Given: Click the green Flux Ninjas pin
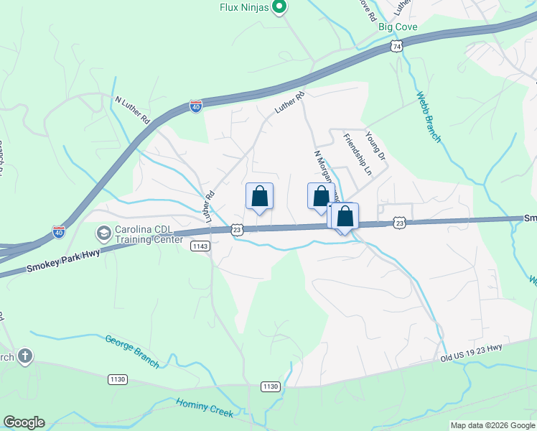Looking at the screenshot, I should (281, 8).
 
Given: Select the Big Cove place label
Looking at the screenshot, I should (398, 27).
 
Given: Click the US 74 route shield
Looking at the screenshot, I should (396, 46).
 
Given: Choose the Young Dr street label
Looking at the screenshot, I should (375, 144).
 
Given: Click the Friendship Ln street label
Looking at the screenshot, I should (358, 154).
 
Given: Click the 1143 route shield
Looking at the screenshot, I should (200, 246).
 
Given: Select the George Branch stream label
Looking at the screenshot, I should (132, 351).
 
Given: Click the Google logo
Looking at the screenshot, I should (24, 422).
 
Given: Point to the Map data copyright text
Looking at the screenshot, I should (492, 425).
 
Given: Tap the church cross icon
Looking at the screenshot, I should (25, 356).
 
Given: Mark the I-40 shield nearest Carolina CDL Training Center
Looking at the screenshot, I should (59, 233).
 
